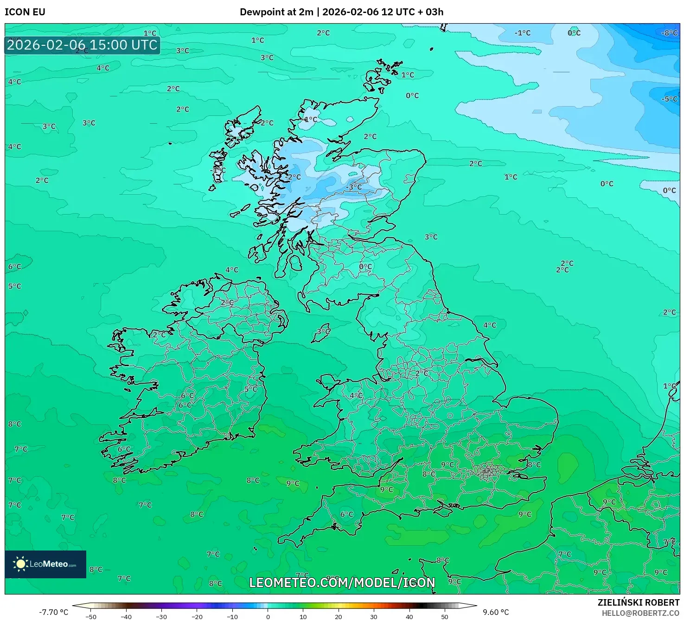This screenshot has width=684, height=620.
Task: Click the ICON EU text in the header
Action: pyautogui.click(x=25, y=12)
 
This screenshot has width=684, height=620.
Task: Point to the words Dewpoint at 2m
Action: pyautogui.click(x=276, y=12)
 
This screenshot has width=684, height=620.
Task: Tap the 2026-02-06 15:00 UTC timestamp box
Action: pyautogui.click(x=83, y=45)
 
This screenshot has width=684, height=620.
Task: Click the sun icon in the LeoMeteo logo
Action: pyautogui.click(x=20, y=564)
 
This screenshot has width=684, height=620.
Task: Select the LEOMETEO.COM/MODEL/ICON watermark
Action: pyautogui.click(x=342, y=582)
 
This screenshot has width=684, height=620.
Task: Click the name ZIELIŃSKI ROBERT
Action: pyautogui.click(x=638, y=602)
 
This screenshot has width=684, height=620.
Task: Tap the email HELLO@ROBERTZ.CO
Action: pyautogui.click(x=640, y=613)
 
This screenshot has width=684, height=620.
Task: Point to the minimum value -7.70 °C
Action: pyautogui.click(x=53, y=612)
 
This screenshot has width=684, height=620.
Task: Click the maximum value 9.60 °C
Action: pyautogui.click(x=496, y=612)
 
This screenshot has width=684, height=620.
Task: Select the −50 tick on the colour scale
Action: pyautogui.click(x=91, y=617)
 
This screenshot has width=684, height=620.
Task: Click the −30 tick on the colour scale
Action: pyautogui.click(x=161, y=617)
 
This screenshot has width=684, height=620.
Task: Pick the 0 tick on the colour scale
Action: pyautogui.click(x=268, y=617)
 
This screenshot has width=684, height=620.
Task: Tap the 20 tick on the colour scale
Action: pyautogui.click(x=338, y=617)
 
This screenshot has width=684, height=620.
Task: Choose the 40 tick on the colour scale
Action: pyautogui.click(x=409, y=617)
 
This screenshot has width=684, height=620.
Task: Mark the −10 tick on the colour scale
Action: pyautogui.click(x=232, y=617)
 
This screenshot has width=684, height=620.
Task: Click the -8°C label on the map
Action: pyautogui.click(x=669, y=33)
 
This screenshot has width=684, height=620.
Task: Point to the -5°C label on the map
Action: pyautogui.click(x=669, y=99)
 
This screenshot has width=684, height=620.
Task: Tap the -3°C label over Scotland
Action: pyautogui.click(x=354, y=187)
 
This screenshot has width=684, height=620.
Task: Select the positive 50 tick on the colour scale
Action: pyautogui.click(x=444, y=617)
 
